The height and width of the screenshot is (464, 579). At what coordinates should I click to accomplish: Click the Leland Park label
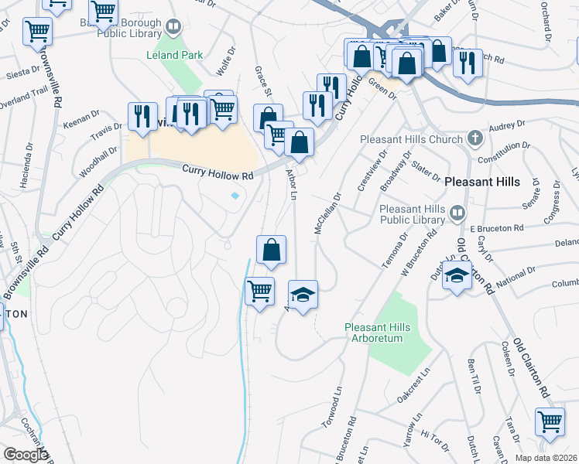pos(176,55)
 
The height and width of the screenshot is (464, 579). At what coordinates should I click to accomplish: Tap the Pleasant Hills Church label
pos(411,140)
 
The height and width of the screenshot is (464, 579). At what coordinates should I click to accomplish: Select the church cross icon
pos(475,139)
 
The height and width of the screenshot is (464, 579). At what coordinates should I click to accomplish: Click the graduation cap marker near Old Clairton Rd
pos(457,275)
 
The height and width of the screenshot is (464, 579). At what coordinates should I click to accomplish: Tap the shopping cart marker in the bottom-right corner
pos(550,422)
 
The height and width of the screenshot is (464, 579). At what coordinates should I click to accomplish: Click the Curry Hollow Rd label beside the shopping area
pos(218,174)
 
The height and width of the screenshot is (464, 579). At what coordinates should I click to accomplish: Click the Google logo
pos(26,455)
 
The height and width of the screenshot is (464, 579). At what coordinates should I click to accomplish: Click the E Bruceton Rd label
pos(497,228)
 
